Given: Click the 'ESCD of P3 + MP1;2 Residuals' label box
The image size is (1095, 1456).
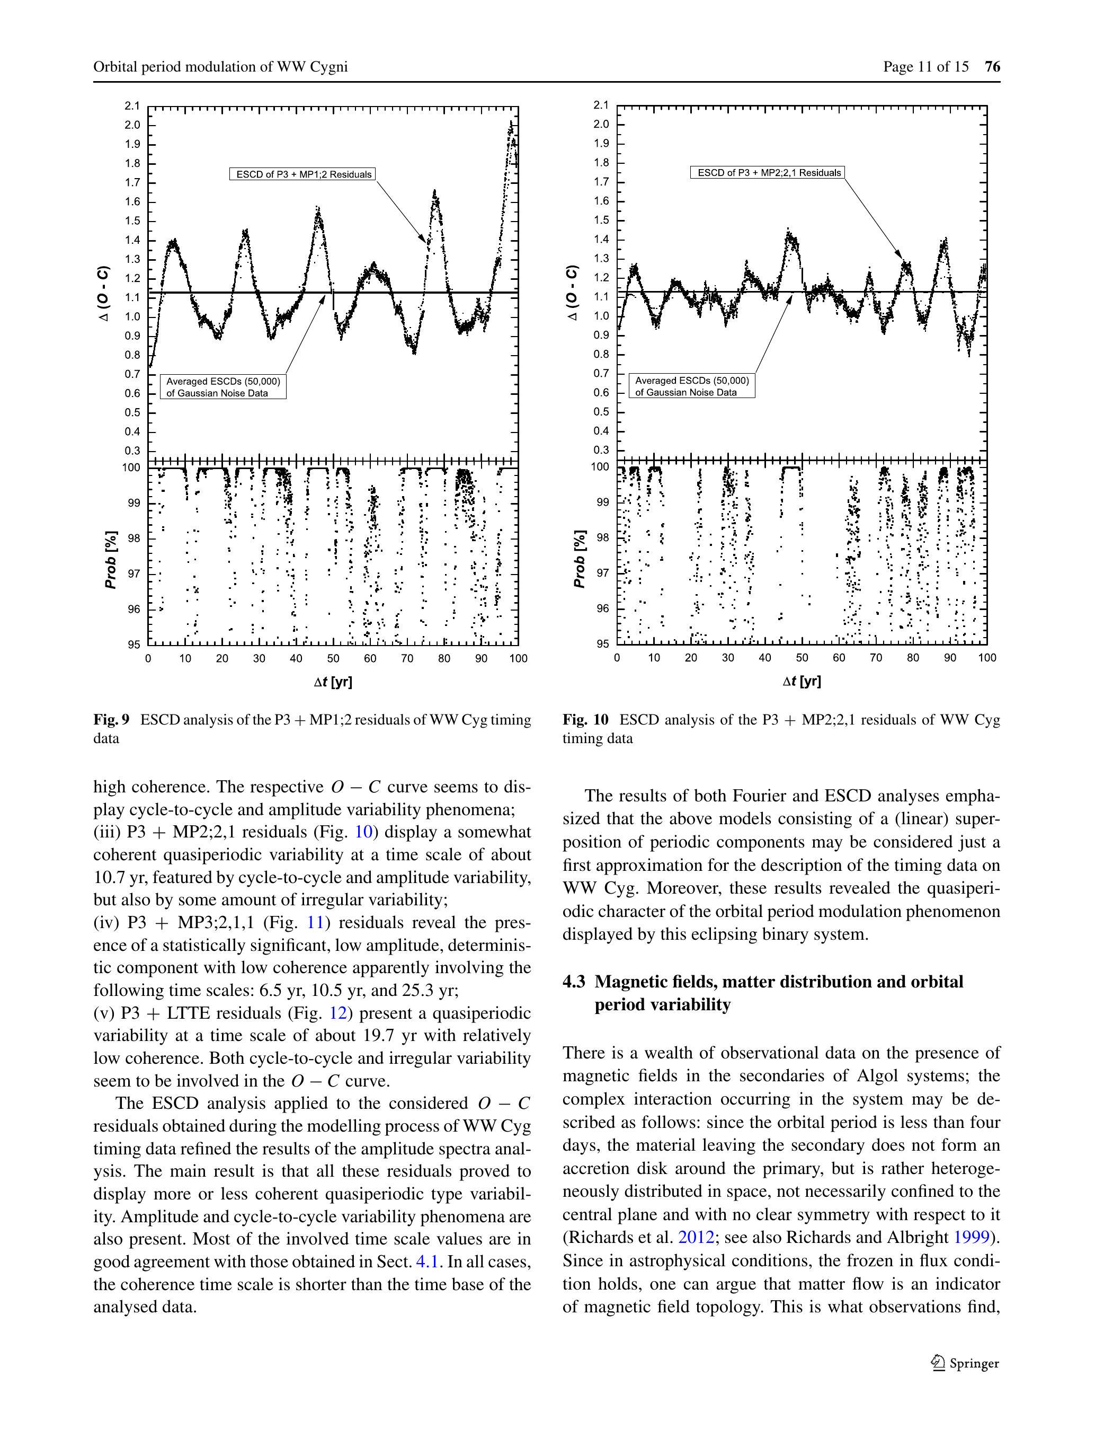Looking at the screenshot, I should click(302, 174).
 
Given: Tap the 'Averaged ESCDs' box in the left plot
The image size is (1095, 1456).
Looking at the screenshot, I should click(223, 387).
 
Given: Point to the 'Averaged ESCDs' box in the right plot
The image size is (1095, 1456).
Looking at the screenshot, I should click(692, 386).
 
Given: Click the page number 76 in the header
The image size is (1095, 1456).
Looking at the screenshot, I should click(992, 66).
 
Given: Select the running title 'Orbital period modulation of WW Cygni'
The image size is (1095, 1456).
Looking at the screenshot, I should click(220, 66).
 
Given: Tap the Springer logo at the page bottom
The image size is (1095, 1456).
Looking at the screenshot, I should click(965, 1363).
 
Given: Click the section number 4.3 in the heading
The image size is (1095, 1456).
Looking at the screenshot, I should click(574, 982).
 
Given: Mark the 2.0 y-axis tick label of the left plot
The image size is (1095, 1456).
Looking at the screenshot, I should click(132, 125).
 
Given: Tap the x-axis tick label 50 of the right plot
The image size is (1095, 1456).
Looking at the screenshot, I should click(802, 658).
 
